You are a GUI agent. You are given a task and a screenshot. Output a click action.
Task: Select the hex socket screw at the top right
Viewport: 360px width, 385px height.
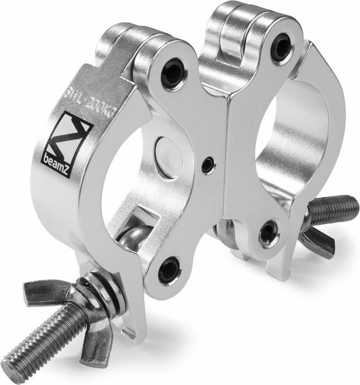coord(281,48)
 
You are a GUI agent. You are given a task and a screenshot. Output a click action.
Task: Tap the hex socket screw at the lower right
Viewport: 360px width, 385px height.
coord(269,234)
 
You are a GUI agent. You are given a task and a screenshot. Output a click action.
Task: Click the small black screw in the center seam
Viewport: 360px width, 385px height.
coord(207,166)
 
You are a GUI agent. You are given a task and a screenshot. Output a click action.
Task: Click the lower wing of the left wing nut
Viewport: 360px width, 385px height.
coord(96,346)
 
